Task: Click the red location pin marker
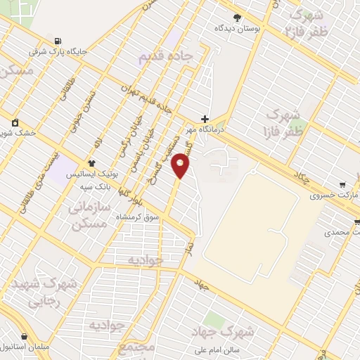click(181, 165)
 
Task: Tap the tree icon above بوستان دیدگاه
click(237, 18)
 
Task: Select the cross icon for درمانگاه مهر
click(205, 119)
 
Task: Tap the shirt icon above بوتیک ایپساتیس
click(91, 162)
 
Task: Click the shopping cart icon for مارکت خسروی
click(342, 184)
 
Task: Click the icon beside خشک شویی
click(15, 122)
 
